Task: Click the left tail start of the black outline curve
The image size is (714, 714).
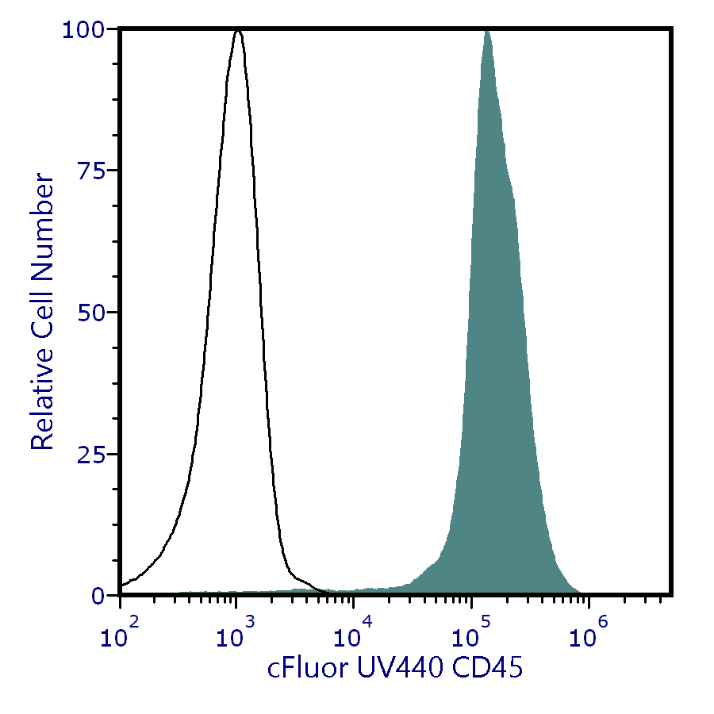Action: point(121,586)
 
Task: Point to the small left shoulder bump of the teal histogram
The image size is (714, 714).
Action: point(431,565)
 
